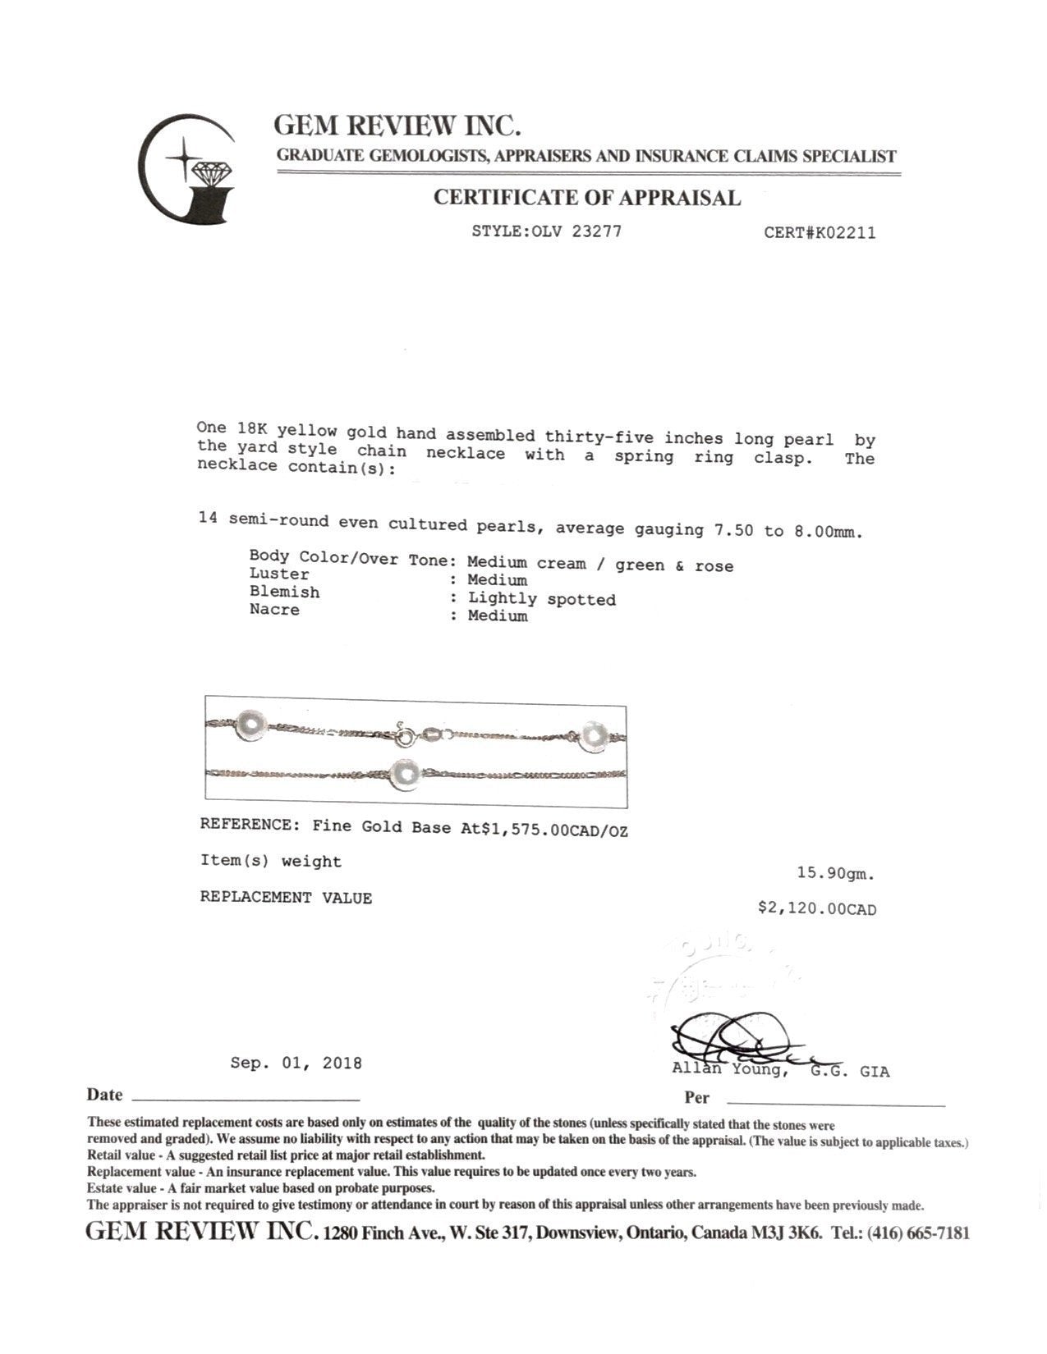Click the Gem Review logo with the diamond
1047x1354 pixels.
pos(187,169)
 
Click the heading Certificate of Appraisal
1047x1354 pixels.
pos(586,198)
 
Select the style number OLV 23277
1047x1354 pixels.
pos(572,231)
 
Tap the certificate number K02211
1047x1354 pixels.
pos(843,233)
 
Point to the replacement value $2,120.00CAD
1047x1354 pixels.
pos(817,909)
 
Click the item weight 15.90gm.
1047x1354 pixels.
pos(835,875)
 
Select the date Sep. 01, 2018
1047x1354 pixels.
pos(296,1063)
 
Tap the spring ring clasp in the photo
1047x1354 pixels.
pos(404,736)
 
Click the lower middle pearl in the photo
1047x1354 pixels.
pos(405,773)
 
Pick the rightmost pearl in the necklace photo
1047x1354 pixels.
pos(594,735)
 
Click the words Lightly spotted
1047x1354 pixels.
pos(541,599)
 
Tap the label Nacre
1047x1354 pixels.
pos(274,610)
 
